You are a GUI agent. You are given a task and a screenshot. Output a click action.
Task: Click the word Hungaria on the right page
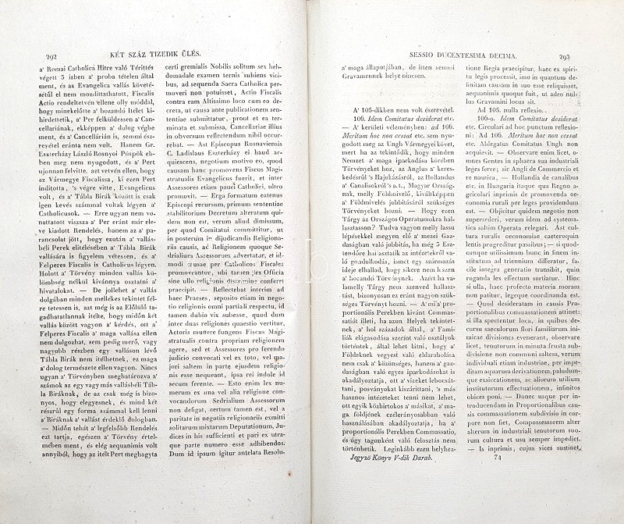[522, 187]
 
